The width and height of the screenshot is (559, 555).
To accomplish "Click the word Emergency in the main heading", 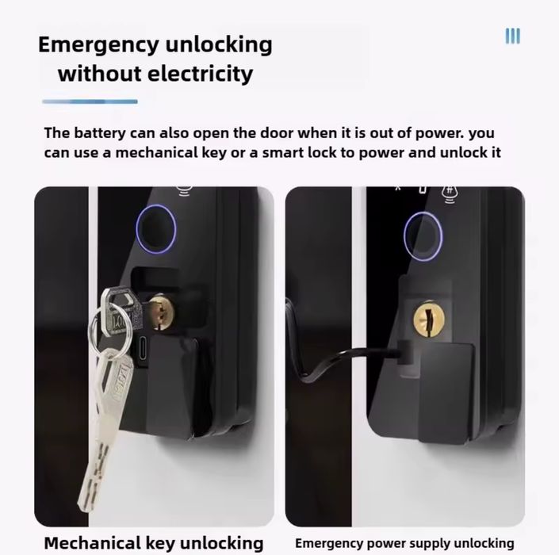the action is [x=98, y=46].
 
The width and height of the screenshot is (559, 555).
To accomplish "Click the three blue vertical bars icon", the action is [x=513, y=36].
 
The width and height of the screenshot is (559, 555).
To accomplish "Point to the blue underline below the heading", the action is [x=90, y=101].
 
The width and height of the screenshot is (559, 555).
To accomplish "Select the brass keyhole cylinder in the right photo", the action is [x=429, y=318].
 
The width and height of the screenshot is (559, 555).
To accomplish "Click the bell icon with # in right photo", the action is [x=450, y=194].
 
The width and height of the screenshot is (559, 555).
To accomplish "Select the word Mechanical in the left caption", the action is [x=92, y=543].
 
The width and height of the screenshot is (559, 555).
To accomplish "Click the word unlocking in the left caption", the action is [x=221, y=543].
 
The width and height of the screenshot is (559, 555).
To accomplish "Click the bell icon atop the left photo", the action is [x=184, y=191].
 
